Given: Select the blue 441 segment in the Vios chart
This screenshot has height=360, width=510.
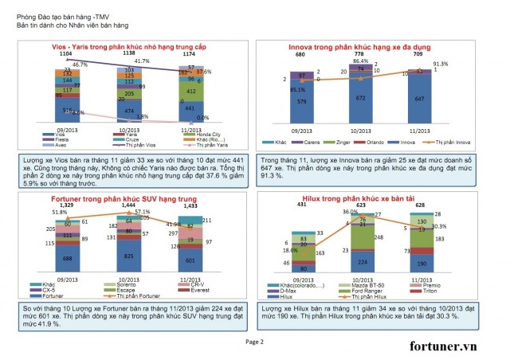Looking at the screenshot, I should point(190,108).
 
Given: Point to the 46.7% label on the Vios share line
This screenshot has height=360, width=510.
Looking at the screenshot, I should point(80,64).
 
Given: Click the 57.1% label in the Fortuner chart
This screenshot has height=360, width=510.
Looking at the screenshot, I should point(143,212).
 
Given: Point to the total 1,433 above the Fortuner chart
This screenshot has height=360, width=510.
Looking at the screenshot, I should point(190,205).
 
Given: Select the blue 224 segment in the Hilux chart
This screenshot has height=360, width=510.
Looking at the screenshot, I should point(362,260).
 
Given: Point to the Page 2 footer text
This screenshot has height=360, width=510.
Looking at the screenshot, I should point(254,341).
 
